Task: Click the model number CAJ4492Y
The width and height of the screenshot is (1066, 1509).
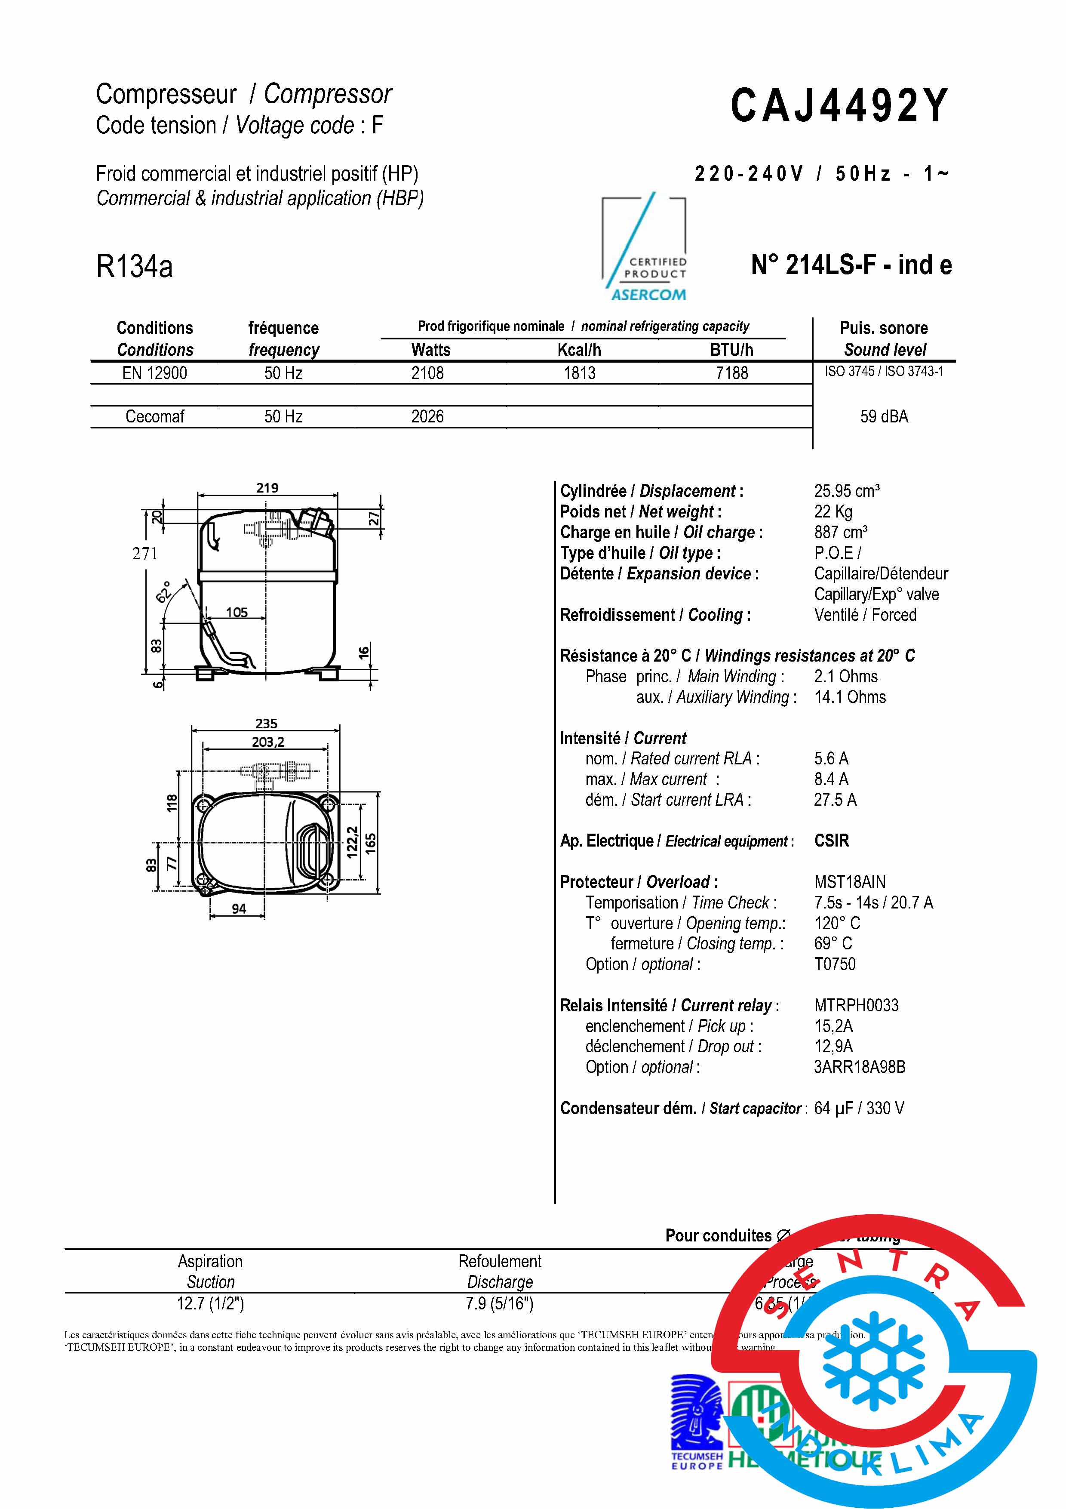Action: point(839,105)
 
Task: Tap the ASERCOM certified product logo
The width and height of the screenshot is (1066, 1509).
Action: point(645,249)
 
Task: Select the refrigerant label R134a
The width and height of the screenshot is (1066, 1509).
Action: point(134,266)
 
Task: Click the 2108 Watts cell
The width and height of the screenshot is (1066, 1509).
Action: point(427,373)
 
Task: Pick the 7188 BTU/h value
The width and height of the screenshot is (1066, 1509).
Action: point(732,373)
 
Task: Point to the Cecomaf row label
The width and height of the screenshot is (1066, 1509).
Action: point(154,417)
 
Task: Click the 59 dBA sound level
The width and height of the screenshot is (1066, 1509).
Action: point(884,417)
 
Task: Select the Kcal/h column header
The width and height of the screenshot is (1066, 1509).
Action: point(579,350)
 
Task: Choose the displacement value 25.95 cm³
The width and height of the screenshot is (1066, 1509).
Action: point(847,491)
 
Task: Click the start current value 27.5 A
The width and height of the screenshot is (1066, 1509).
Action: point(835,800)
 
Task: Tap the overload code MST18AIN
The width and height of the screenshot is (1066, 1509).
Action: point(850,882)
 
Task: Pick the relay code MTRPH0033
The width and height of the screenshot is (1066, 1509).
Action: point(856,1006)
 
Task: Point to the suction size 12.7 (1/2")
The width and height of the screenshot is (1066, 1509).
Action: point(210,1303)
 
